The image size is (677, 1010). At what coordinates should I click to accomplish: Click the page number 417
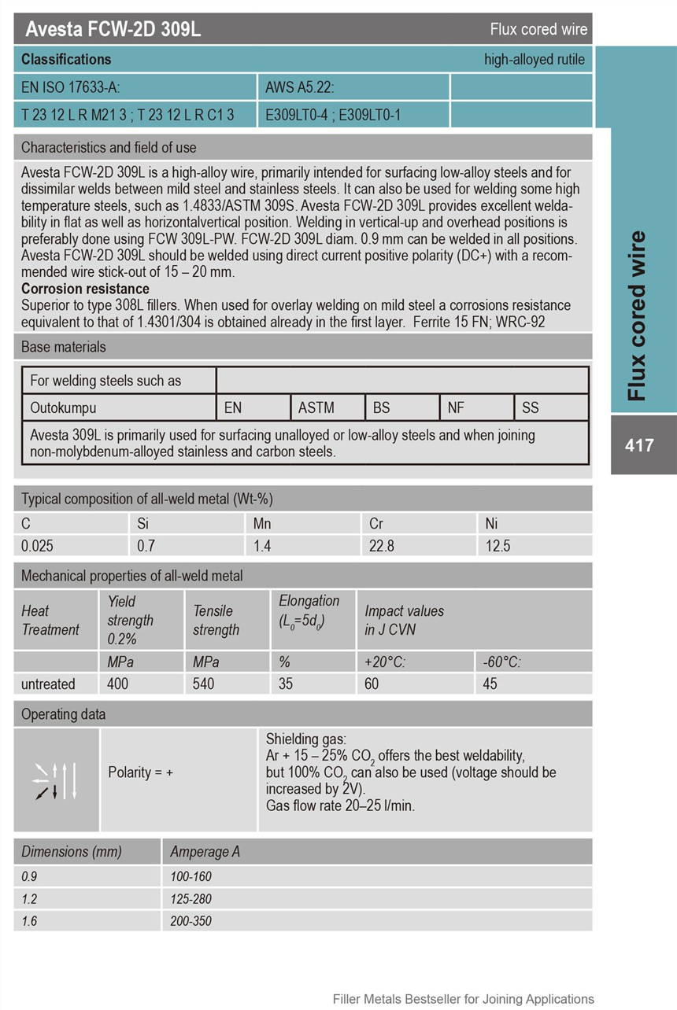coord(639,445)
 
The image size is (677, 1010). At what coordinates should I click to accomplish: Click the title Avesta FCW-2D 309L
coord(113,29)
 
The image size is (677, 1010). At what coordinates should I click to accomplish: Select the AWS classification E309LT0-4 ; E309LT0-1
coord(333,115)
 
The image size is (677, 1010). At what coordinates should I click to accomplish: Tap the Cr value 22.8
coord(382,546)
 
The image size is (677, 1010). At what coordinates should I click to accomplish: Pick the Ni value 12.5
coord(498,546)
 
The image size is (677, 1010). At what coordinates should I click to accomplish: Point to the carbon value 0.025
coord(38,546)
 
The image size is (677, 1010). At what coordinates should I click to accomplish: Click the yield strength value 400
coord(117,684)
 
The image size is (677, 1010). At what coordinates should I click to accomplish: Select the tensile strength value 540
coord(203,684)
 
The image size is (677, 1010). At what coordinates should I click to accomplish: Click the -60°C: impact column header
coord(501,662)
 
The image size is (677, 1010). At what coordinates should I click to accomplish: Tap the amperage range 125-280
coord(191,898)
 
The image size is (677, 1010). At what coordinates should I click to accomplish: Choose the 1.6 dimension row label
coord(29,920)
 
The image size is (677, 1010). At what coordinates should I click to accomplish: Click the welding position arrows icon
coord(56,780)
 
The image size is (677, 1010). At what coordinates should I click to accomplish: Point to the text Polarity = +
coord(140,772)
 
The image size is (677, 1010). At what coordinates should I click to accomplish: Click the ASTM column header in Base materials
coord(316,407)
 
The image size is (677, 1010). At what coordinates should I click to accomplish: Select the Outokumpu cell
coord(63,407)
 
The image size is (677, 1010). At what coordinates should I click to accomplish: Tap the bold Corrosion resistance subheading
coord(85,289)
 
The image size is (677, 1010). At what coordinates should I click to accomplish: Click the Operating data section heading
coord(63,714)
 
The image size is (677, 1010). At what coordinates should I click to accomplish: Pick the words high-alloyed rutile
coord(535,60)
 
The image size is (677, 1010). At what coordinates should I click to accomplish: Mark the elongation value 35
coord(286,684)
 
